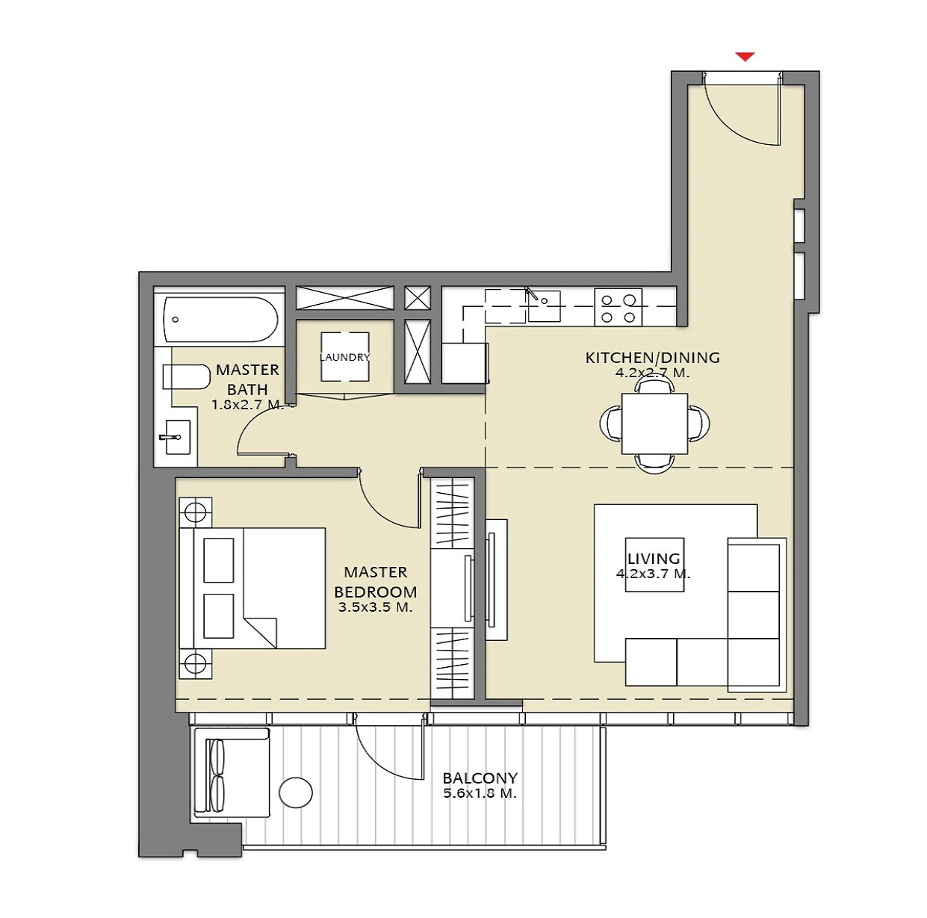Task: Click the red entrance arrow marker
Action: tap(745, 57)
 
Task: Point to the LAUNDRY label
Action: tap(344, 357)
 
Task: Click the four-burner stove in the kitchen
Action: tap(618, 308)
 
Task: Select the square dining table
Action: tap(654, 424)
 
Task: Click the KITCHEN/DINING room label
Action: tap(652, 357)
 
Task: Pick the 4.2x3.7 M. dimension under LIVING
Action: tap(653, 574)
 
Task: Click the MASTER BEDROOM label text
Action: tap(375, 582)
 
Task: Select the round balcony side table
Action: tap(296, 793)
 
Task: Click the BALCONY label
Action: tap(480, 778)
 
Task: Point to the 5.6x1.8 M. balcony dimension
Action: tap(480, 793)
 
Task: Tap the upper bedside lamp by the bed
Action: tap(195, 512)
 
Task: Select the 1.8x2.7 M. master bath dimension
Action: tap(247, 405)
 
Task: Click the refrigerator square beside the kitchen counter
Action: tap(464, 363)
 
